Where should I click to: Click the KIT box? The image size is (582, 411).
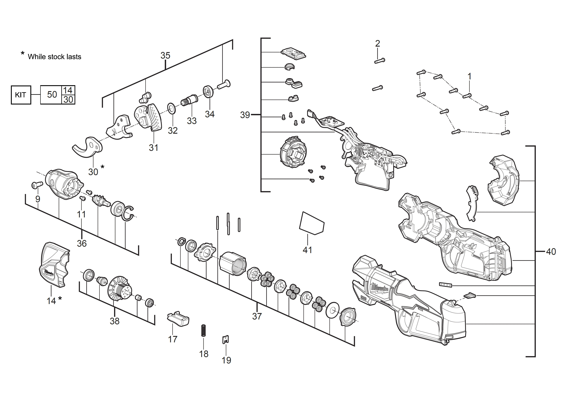(21, 95)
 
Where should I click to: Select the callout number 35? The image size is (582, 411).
(165, 55)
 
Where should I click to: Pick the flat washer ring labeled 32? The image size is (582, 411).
(172, 108)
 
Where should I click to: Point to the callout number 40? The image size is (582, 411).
(551, 252)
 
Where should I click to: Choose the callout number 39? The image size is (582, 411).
(245, 115)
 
